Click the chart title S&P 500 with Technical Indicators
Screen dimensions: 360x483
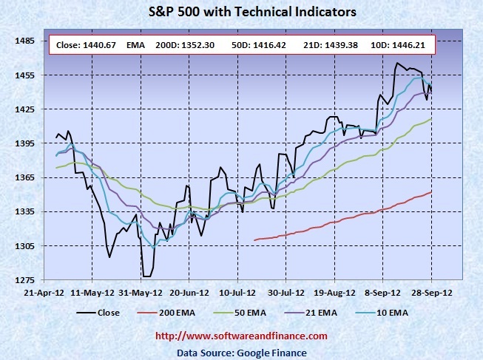[240, 12]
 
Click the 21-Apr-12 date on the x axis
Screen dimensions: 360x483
[42, 292]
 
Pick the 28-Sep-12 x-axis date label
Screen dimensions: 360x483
[432, 292]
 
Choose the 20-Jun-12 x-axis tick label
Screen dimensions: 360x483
[188, 292]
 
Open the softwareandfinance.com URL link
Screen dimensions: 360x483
[241, 336]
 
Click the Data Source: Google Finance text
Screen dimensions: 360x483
[241, 353]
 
